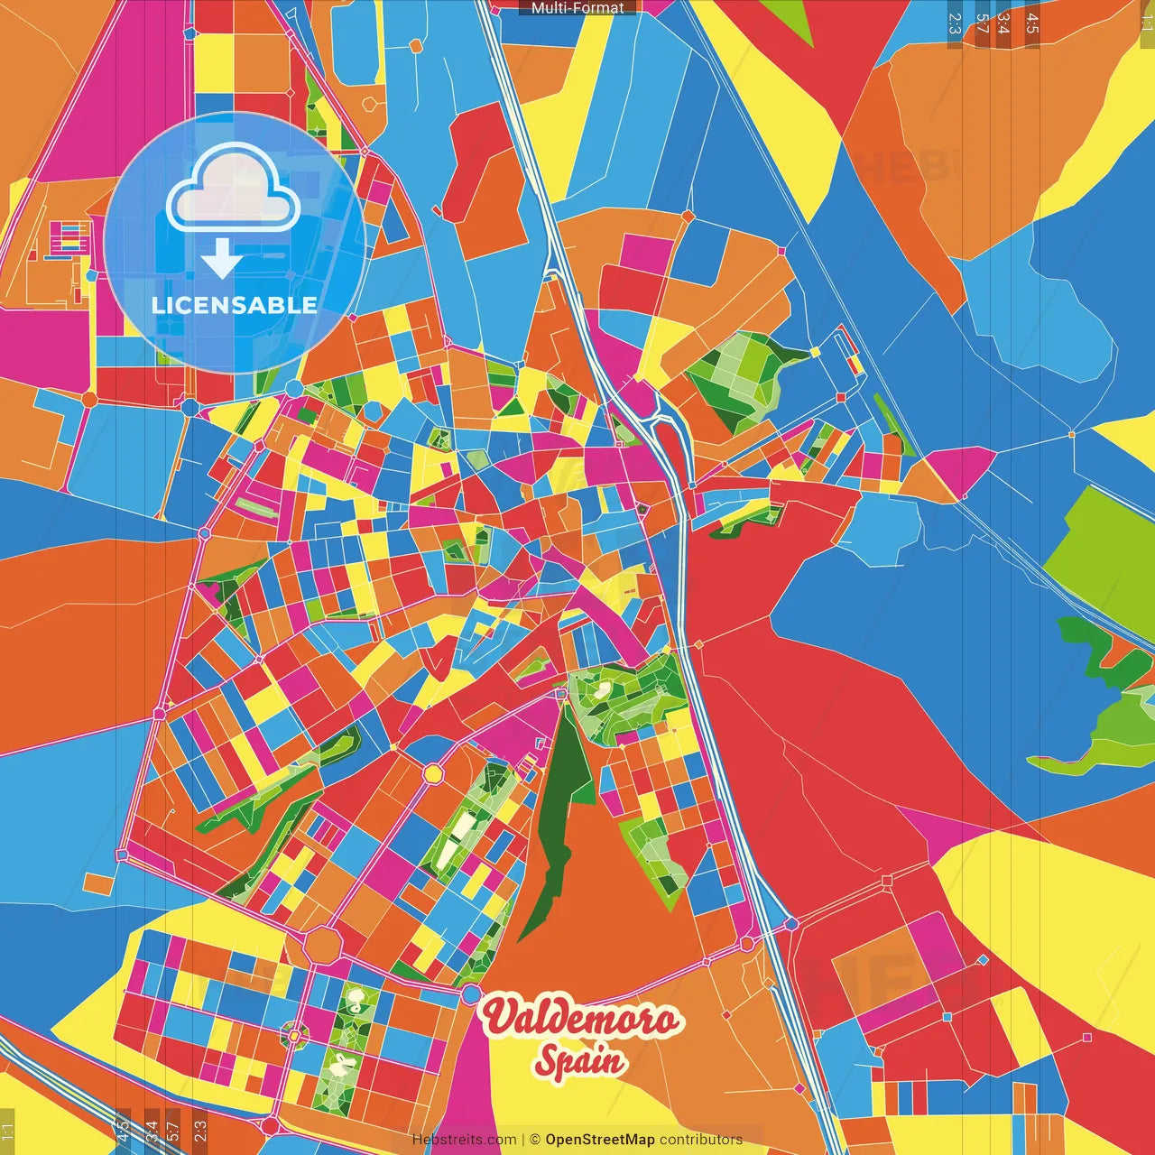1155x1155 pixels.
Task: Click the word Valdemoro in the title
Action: coord(580,1019)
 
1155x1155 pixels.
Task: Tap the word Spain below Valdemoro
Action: coord(580,1059)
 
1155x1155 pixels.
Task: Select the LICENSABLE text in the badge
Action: coord(235,305)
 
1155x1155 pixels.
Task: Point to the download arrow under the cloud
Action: coord(221,259)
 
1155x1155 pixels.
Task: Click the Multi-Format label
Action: coord(577,8)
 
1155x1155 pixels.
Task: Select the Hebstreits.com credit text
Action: coord(464,1140)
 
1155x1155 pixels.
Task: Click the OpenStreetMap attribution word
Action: coord(599,1140)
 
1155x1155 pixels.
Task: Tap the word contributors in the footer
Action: coord(701,1140)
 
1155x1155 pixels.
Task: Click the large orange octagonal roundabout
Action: coord(322,945)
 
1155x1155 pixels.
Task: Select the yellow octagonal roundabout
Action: coord(434,773)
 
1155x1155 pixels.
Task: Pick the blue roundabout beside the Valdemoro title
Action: coord(471,994)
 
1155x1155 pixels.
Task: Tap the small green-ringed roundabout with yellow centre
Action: coord(294,1035)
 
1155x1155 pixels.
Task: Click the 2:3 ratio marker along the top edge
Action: coord(954,23)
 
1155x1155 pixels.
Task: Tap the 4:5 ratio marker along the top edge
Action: coord(1031,23)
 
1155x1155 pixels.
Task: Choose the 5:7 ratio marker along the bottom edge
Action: coord(172,1132)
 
